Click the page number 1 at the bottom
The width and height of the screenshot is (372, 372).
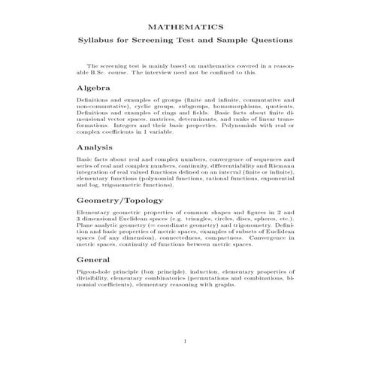186,343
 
